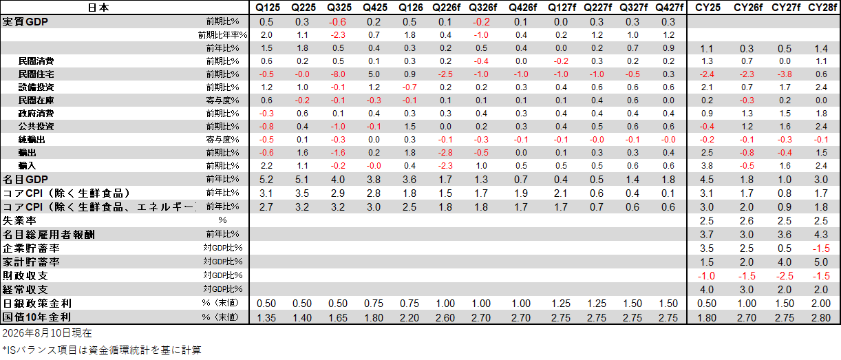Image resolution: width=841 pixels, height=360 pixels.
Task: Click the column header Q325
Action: point(339,8)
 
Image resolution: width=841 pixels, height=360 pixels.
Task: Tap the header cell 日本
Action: point(98,8)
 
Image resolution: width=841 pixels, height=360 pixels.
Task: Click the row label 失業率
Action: point(19,221)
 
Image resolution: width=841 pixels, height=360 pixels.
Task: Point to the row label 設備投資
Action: point(36,87)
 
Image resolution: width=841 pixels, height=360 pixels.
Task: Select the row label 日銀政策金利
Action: point(36,304)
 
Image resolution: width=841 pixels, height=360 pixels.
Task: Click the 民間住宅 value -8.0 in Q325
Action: point(337,74)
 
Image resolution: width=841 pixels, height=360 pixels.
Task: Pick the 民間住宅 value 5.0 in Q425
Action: point(374,74)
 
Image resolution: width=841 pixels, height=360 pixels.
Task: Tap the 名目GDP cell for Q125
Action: point(266,180)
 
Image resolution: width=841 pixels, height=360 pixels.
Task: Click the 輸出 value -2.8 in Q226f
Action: point(445,153)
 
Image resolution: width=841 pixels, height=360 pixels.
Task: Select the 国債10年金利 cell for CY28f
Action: point(821,317)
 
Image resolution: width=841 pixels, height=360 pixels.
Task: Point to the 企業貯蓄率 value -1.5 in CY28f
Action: point(821,248)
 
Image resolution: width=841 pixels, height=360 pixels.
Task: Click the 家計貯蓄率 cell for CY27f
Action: point(785,262)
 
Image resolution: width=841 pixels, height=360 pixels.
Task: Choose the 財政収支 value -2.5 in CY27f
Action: point(785,276)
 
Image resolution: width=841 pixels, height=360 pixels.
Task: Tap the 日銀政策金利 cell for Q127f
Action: point(560,304)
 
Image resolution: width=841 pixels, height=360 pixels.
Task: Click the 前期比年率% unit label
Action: point(223,35)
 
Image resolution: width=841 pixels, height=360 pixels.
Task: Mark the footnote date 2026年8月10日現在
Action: point(47,333)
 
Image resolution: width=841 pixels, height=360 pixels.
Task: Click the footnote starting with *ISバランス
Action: point(102,350)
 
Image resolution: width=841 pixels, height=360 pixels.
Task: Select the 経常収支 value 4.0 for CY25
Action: point(707,290)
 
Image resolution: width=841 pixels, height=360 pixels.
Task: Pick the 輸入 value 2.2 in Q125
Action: point(266,166)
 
